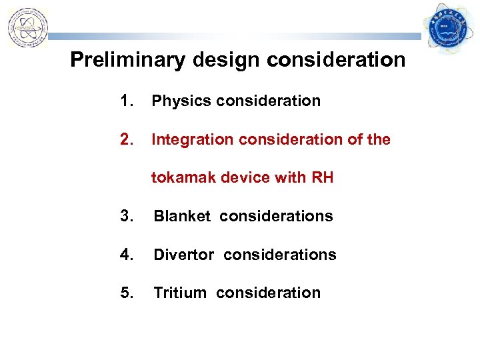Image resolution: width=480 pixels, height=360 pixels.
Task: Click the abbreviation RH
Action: click(x=321, y=177)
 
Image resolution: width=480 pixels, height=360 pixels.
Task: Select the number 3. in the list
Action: click(x=127, y=216)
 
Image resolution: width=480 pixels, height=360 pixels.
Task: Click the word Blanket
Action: click(x=182, y=216)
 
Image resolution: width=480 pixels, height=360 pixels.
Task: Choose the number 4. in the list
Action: click(x=127, y=255)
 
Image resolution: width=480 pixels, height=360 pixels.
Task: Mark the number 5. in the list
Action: click(x=127, y=293)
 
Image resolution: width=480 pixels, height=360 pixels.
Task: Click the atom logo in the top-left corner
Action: click(x=27, y=27)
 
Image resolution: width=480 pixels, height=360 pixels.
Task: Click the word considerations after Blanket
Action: click(x=276, y=216)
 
